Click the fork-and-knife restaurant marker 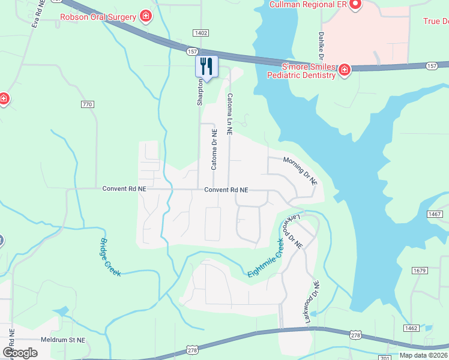tap(206, 66)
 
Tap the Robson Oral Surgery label tap(98, 17)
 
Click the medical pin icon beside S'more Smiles tap(345, 71)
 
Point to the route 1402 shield tap(200, 33)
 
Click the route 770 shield tap(88, 104)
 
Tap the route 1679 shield tap(420, 271)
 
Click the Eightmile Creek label tap(265, 259)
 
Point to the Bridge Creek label tap(110, 257)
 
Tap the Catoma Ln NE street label tap(229, 113)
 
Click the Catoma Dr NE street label tap(213, 149)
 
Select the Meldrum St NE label tap(63, 340)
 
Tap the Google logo tap(20, 353)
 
